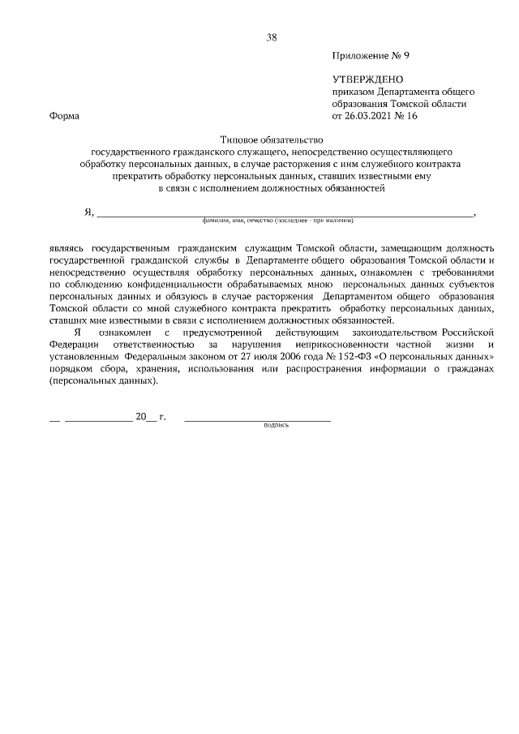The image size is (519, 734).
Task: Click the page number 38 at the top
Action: tap(272, 37)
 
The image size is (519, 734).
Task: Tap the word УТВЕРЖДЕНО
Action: tap(367, 80)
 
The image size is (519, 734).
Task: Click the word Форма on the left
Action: tap(64, 116)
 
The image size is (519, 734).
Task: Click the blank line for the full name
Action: tap(284, 214)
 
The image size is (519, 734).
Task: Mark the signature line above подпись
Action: tap(257, 419)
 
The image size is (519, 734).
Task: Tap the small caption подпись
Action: tap(277, 426)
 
